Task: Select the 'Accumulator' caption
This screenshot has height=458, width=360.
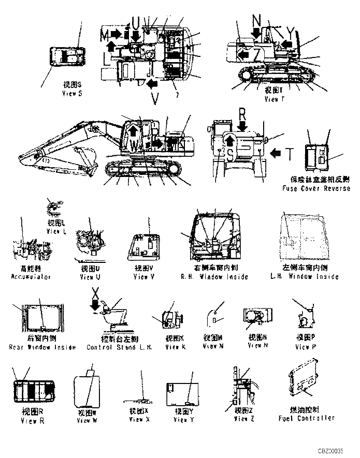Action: tap(31, 277)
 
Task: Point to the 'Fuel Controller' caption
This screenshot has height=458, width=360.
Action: tap(306, 418)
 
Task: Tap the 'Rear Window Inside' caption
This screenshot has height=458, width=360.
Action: tap(42, 347)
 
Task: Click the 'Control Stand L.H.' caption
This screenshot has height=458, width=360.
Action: tap(119, 347)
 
